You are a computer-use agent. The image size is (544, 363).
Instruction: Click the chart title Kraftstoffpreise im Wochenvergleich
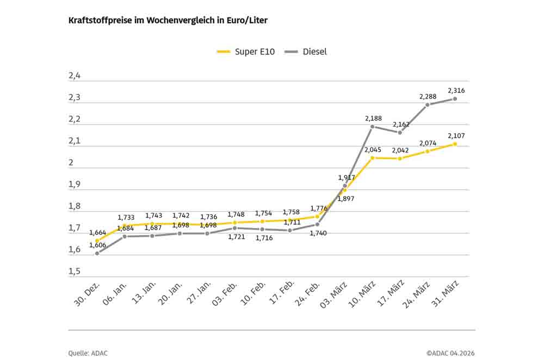click(168, 20)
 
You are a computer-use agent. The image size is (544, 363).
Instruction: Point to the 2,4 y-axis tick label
click(75, 76)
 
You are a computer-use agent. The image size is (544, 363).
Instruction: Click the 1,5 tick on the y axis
click(75, 272)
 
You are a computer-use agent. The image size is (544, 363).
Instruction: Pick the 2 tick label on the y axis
click(71, 163)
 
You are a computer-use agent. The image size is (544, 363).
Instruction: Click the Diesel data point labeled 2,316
click(455, 99)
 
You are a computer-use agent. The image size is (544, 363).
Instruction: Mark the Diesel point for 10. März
click(373, 126)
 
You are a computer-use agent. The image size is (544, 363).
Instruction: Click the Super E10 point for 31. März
click(455, 144)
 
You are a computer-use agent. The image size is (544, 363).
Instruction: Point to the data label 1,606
click(98, 246)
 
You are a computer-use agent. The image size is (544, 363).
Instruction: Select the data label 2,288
click(428, 96)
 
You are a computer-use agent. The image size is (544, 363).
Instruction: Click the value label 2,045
click(373, 149)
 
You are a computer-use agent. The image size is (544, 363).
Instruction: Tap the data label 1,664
click(98, 232)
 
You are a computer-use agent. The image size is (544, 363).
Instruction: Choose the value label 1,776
click(318, 208)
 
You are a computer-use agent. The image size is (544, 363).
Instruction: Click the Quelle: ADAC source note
click(88, 353)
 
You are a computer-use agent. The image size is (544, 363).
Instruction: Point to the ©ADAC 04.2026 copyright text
click(450, 353)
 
